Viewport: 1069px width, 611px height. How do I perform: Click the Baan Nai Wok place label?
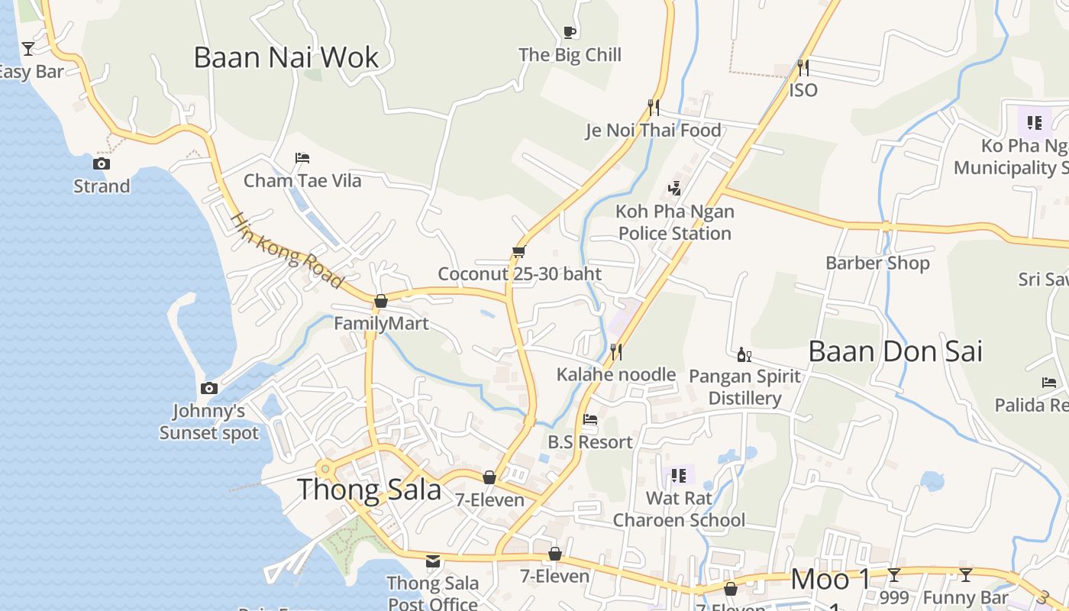[286, 58]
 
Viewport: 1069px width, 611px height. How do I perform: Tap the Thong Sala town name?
[369, 490]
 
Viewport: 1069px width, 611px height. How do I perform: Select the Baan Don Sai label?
[895, 351]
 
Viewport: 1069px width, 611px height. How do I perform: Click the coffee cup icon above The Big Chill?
[569, 31]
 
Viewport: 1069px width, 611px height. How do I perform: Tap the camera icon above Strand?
[102, 163]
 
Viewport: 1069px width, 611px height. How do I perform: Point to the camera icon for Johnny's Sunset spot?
[208, 389]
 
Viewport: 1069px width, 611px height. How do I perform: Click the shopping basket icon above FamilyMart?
[380, 301]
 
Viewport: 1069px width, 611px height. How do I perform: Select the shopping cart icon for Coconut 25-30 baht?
[519, 251]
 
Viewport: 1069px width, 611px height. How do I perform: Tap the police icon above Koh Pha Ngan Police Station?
[674, 188]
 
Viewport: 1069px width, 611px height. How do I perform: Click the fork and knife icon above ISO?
[803, 67]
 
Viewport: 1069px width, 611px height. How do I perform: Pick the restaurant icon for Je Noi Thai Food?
[653, 107]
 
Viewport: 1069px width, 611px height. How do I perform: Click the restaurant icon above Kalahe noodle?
[615, 351]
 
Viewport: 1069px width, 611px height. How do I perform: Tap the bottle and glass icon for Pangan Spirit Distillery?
[744, 354]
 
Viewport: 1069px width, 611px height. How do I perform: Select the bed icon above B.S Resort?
[589, 419]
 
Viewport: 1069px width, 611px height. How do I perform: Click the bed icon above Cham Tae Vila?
[302, 158]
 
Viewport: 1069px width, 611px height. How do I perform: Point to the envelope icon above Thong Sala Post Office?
[433, 561]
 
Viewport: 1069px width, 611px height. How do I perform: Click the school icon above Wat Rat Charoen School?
[679, 476]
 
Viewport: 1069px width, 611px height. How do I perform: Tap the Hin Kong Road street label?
[286, 251]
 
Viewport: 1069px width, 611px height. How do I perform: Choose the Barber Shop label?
[877, 263]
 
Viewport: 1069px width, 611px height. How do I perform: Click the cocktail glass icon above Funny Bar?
[966, 575]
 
